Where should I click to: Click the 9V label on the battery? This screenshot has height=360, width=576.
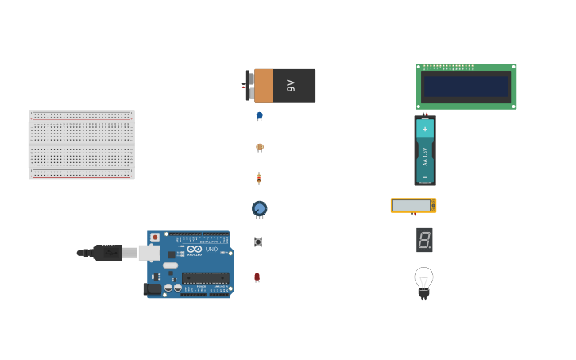tap(291, 85)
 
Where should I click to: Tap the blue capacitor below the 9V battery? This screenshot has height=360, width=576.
tap(259, 116)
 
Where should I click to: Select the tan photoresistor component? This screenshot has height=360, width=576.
tap(259, 147)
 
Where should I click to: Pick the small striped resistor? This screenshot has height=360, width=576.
tap(258, 178)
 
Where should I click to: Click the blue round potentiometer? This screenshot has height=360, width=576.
tap(259, 208)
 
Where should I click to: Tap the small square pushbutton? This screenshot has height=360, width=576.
tap(258, 242)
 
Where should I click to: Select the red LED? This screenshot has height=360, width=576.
tap(257, 277)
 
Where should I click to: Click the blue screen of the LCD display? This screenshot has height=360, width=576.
tap(466, 86)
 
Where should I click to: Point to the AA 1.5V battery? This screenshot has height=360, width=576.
tap(425, 151)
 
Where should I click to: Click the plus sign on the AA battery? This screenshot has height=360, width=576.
tap(425, 128)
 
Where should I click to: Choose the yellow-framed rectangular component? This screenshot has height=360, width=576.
tap(413, 205)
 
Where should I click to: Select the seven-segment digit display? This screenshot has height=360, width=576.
tap(424, 239)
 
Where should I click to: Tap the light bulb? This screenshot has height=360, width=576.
tap(423, 281)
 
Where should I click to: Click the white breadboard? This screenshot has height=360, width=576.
tap(82, 145)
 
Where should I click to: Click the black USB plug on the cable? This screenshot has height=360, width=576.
tap(107, 253)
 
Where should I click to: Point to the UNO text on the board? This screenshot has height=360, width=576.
tap(211, 250)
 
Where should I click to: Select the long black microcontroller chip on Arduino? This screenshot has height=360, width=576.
tap(206, 277)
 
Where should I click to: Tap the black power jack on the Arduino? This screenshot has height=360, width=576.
tap(153, 288)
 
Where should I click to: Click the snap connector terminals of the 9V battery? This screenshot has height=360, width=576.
tap(249, 85)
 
